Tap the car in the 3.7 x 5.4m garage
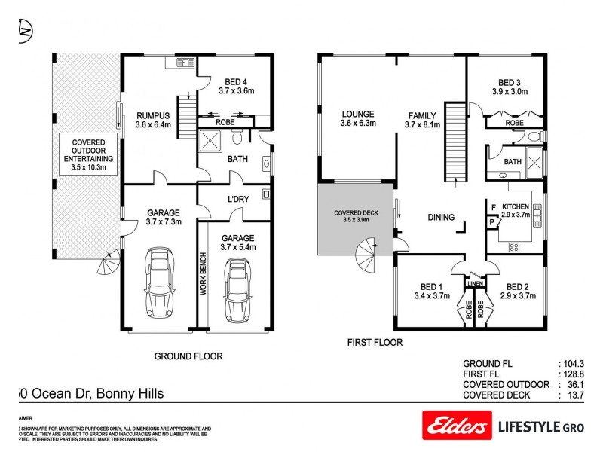[x=237, y=289]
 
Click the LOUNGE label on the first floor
[x=357, y=119]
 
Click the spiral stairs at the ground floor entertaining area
[x=108, y=264]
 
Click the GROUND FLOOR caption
[x=188, y=356]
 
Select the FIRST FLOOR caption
[x=375, y=342]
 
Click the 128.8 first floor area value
[x=574, y=374]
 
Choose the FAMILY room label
[x=423, y=121]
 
